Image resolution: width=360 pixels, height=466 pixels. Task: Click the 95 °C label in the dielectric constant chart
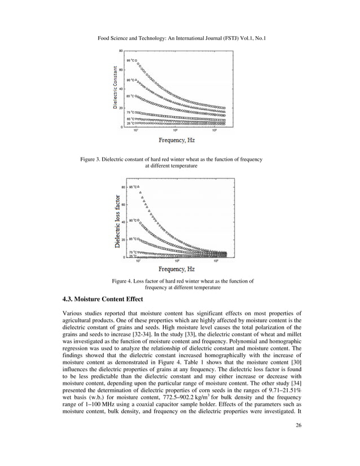click(x=129, y=60)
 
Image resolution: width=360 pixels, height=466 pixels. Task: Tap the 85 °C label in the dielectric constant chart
click(x=129, y=96)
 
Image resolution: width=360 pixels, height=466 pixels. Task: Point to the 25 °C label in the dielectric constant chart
click(x=129, y=123)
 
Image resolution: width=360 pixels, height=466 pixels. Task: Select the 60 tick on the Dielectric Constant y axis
click(x=121, y=70)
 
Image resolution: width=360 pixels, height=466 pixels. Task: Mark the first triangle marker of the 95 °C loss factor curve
click(x=138, y=187)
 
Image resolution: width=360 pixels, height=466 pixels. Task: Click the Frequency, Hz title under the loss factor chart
click(x=180, y=269)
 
